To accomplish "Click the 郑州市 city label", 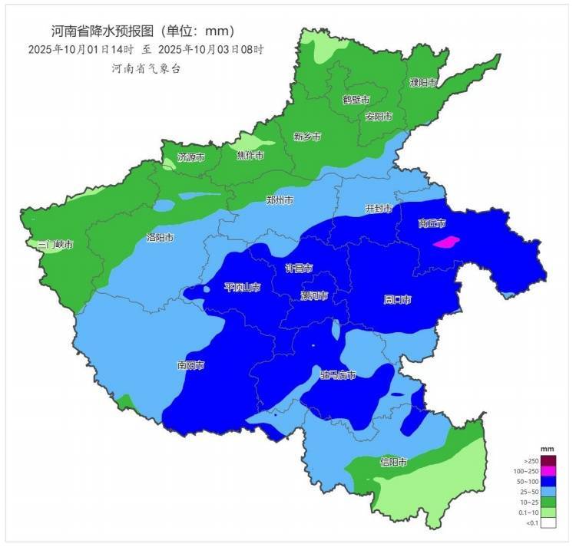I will (280, 200).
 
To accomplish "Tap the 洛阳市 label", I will (160, 238).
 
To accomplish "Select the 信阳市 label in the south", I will (394, 463).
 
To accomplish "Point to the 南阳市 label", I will (190, 365).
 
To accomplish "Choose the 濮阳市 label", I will (423, 82).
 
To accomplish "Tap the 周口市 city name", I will (398, 299).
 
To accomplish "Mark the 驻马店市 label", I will (338, 375).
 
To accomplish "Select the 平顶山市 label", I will (242, 287).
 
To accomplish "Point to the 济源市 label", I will (191, 157).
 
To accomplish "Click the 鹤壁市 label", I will (356, 100).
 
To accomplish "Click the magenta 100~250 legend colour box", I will (548, 470).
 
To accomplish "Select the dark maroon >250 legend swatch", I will (548, 460).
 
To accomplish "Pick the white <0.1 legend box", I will (548, 523).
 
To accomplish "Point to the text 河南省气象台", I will (147, 68).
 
